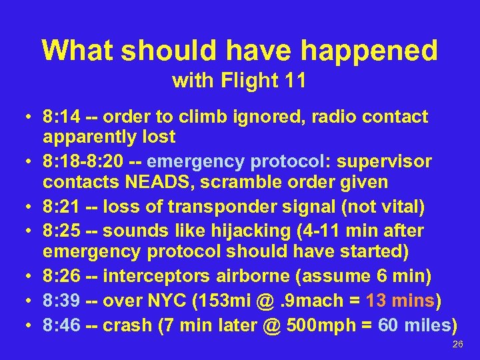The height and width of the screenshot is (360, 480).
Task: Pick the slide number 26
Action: pos(457,345)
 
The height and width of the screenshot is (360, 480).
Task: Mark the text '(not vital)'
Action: pos(383,208)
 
